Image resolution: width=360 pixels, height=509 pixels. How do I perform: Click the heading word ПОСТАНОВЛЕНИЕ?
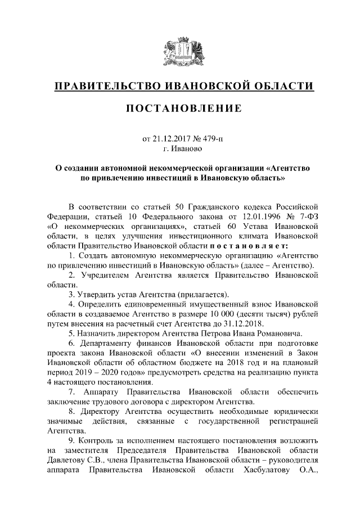(180, 107)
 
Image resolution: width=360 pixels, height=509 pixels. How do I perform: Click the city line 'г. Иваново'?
(180, 149)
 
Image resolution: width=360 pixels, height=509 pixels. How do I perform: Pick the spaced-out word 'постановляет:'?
(250, 245)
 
